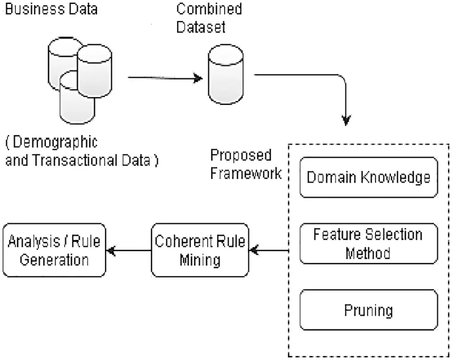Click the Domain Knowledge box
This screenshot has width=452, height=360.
368,178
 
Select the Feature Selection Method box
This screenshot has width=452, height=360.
368,243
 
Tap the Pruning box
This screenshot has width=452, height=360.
368,309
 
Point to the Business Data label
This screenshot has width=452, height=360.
51,9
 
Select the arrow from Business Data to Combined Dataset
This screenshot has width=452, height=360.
165,79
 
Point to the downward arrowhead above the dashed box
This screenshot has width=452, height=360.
346,120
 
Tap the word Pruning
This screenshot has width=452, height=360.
368,309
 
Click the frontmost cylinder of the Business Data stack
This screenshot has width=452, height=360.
76,98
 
